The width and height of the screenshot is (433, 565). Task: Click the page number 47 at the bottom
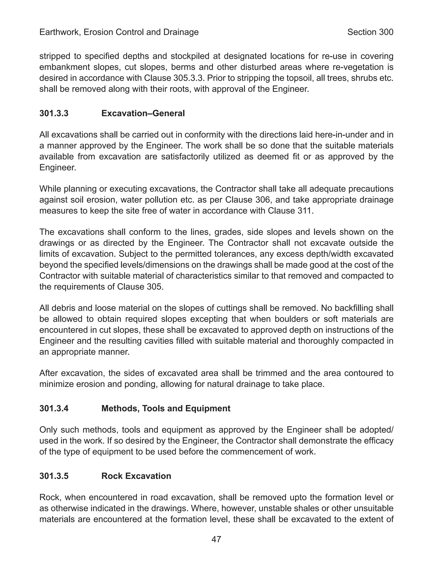(216, 539)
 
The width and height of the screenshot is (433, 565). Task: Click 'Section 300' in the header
(370, 32)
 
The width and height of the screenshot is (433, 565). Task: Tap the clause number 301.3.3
(54, 113)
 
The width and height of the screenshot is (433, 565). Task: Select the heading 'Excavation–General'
(143, 113)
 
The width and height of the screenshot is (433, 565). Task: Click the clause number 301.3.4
(54, 408)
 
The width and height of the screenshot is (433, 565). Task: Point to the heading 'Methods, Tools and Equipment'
(166, 408)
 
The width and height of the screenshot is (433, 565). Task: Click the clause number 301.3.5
(54, 476)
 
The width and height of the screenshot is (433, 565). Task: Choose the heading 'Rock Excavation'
(136, 476)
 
